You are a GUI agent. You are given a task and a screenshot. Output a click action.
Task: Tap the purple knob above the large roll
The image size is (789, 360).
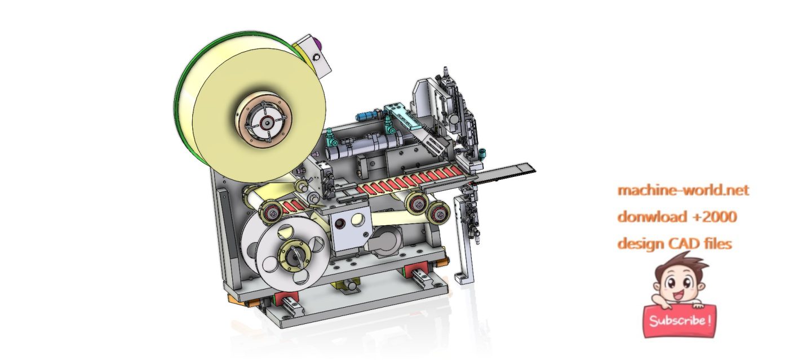[x=318, y=42]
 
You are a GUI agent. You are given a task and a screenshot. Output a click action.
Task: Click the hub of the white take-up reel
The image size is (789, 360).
[x=293, y=257]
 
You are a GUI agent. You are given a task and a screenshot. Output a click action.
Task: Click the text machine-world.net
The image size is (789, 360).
[x=684, y=190]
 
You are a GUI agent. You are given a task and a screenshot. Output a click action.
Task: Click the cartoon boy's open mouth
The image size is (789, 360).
[x=678, y=294]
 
